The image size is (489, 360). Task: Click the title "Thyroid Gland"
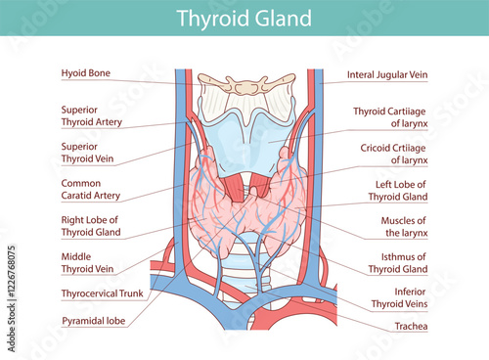pos(244,19)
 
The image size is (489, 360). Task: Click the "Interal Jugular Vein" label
pos(388,75)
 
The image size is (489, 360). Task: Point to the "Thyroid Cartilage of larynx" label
pos(391,117)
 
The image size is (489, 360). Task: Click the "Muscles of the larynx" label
pos(404,227)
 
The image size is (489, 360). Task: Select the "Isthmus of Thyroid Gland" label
pos(398,262)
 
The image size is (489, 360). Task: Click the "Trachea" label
pos(409,326)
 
